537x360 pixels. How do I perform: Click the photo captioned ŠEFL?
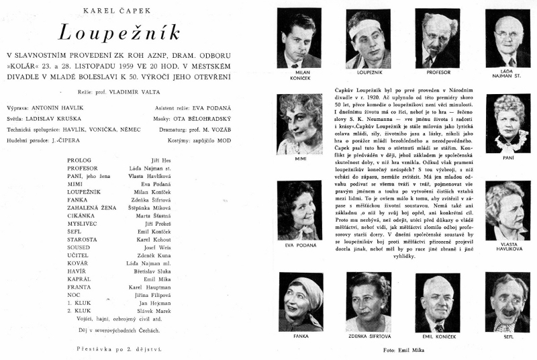[508, 302]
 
